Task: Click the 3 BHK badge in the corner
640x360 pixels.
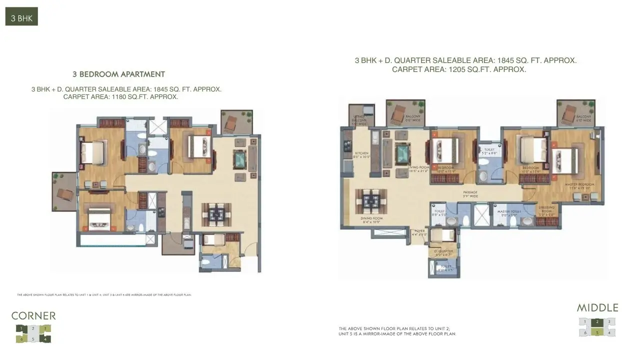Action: pos(21,18)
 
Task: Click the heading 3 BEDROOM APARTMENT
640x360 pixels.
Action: pos(118,74)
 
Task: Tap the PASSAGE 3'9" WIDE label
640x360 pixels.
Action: pos(470,194)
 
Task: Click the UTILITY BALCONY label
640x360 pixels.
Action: pos(359,118)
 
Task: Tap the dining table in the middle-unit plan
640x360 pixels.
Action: pos(371,201)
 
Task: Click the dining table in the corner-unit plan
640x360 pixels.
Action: pos(216,214)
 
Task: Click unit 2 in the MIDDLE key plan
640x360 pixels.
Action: pos(597,322)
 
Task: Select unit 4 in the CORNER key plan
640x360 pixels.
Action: pos(45,339)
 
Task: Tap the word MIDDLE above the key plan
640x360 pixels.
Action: pos(597,307)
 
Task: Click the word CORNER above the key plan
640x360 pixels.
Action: pos(33,315)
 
